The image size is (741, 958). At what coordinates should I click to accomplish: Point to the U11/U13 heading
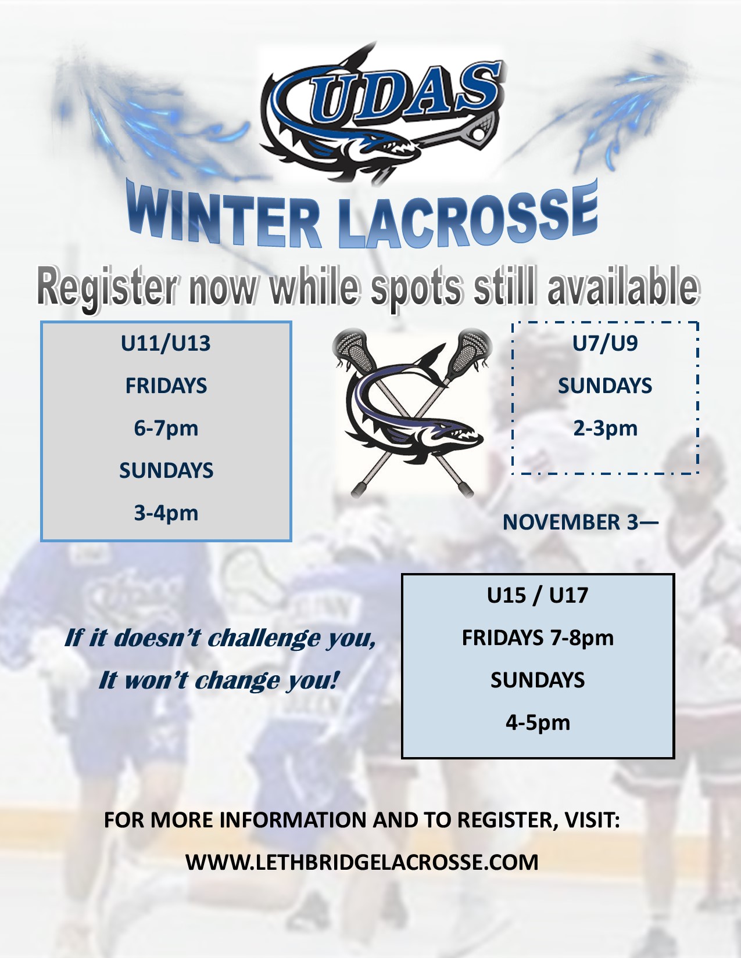pyautogui.click(x=166, y=343)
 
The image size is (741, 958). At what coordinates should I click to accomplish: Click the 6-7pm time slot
pyautogui.click(x=166, y=428)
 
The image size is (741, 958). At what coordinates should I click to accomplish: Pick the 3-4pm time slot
pyautogui.click(x=166, y=514)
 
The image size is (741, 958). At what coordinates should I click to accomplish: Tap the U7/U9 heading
pyautogui.click(x=605, y=343)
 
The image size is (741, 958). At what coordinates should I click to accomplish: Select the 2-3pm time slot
pyautogui.click(x=605, y=428)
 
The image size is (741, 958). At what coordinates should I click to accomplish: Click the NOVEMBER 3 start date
pyautogui.click(x=571, y=523)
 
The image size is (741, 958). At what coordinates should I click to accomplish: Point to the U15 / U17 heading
pyautogui.click(x=538, y=596)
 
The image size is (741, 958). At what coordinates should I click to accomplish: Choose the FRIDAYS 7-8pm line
pyautogui.click(x=538, y=638)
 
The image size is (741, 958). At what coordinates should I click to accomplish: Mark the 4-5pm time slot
pyautogui.click(x=538, y=723)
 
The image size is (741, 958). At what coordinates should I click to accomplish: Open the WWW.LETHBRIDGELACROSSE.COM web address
pyautogui.click(x=362, y=862)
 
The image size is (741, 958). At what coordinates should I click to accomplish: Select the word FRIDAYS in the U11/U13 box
pyautogui.click(x=166, y=386)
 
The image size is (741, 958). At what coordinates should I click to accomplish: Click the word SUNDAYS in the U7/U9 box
pyautogui.click(x=605, y=386)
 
